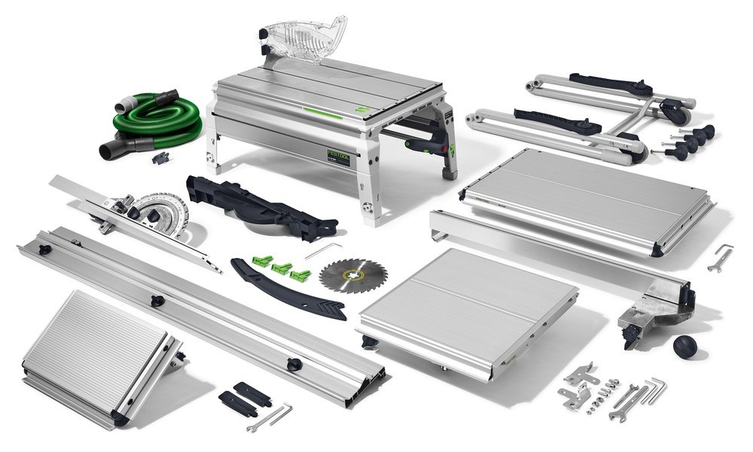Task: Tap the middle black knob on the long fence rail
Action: [x=157, y=302]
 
